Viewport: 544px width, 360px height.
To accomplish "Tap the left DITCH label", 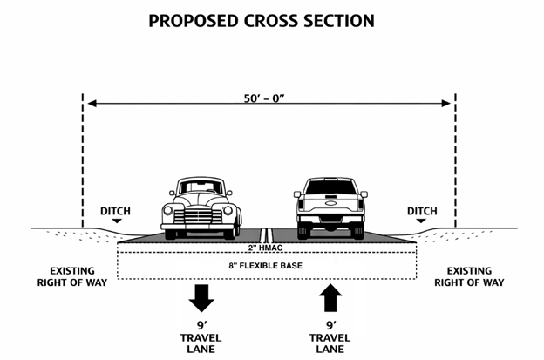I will [117, 211].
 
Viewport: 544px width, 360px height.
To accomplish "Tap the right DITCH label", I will [422, 211].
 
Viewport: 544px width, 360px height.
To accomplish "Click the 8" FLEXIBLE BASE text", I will [268, 264].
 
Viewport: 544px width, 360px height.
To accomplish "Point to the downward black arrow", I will [201, 299].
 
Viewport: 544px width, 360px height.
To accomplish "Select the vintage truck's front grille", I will [201, 214].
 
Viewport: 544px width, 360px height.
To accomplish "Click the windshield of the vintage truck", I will [201, 188].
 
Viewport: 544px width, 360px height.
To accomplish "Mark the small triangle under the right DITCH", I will [422, 221].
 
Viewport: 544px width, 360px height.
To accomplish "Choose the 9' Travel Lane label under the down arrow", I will [201, 336].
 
